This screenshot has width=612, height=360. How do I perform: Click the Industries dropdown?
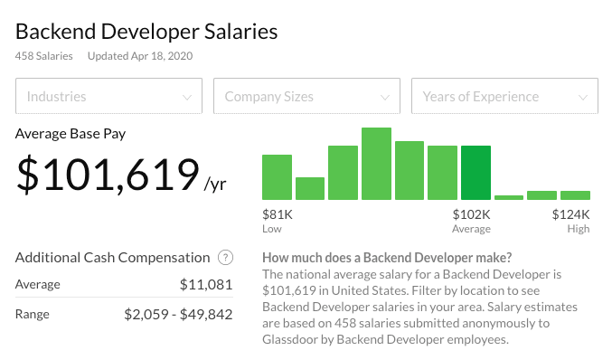pos(108,96)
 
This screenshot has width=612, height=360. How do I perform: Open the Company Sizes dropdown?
pos(306,96)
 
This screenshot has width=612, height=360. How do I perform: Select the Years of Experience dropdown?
pos(504,96)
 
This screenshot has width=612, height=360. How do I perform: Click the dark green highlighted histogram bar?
pos(475,173)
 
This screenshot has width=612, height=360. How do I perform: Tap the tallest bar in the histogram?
pos(376,164)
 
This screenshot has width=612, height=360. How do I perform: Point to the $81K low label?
pos(278,214)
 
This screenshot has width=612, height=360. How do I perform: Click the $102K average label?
pos(471,214)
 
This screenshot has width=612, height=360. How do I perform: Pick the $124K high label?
pos(570,214)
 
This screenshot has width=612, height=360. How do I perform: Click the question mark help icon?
pos(226,258)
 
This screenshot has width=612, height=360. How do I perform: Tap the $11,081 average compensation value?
pos(206,284)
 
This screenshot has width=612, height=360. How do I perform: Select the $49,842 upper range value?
pos(206,314)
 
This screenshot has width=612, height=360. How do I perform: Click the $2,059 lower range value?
pos(146,314)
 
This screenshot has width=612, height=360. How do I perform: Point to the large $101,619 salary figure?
pos(108,175)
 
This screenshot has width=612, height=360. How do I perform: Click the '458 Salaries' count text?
pos(44,56)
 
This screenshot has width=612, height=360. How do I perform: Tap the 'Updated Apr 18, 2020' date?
pos(140,56)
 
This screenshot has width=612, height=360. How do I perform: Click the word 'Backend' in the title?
pos(56,32)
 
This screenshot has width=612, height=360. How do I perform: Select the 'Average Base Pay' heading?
pos(71,134)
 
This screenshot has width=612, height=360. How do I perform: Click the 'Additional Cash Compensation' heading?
pos(113,258)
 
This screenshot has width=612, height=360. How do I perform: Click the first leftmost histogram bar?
pos(278,177)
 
